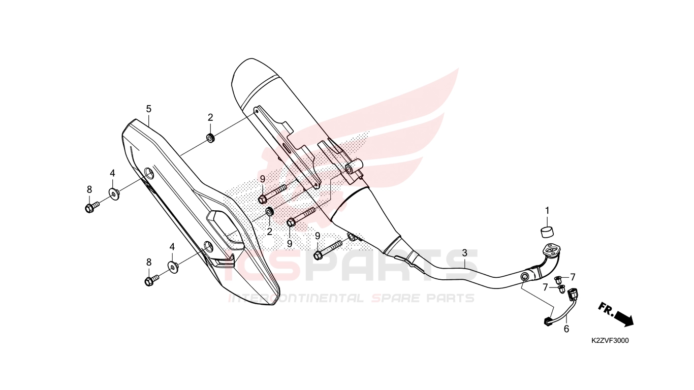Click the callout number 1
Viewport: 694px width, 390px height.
tap(547, 211)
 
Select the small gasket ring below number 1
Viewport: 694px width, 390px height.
tap(547, 232)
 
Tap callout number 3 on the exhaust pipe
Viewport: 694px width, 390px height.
tap(464, 253)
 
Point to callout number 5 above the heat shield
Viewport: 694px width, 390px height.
tap(149, 109)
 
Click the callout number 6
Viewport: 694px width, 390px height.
tap(566, 329)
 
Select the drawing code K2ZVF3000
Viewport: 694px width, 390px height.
tap(610, 341)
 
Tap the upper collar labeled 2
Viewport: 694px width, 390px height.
tap(211, 138)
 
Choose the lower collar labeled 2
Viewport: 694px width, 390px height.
tap(269, 212)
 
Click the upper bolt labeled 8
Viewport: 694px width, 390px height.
tap(92, 207)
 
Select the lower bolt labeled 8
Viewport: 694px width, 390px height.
tap(152, 280)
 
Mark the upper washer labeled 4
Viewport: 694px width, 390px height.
tap(114, 193)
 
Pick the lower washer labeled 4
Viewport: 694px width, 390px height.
tap(173, 267)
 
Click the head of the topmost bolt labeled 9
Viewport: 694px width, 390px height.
tap(263, 199)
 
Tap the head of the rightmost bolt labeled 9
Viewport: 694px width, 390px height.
tap(318, 255)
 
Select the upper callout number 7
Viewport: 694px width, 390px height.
tap(573, 277)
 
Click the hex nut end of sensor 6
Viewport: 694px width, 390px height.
tap(548, 322)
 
